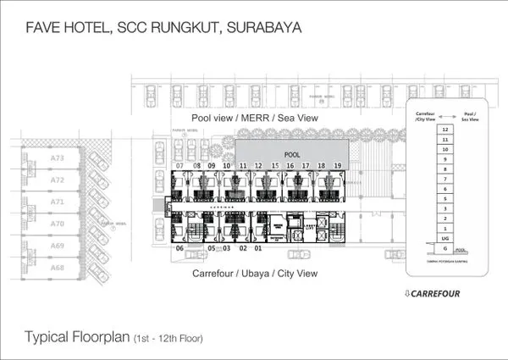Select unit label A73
[x=58, y=158]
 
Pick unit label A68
[x=58, y=268]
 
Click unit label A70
[x=58, y=224]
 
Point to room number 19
[x=337, y=165]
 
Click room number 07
[x=180, y=165]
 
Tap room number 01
[x=259, y=248]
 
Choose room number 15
[x=274, y=165]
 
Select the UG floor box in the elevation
[x=444, y=239]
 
